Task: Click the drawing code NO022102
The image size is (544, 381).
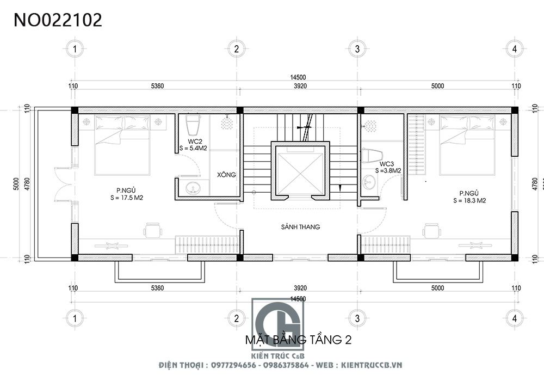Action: click(58, 20)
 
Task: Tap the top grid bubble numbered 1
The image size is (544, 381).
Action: click(75, 49)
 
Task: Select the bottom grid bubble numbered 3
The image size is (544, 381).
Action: click(357, 318)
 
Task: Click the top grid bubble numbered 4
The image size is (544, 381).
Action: click(515, 49)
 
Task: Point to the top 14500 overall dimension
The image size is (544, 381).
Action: click(298, 77)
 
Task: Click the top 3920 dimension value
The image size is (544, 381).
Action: click(300, 86)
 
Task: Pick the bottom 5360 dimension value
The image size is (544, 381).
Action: click(157, 288)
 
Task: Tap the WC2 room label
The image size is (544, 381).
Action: click(195, 142)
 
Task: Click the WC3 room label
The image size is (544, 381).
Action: click(386, 164)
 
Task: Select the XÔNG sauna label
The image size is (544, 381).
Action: click(226, 175)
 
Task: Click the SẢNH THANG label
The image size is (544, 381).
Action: click(300, 227)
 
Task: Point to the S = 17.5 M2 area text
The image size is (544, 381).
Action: click(127, 198)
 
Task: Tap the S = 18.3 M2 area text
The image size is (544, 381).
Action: click(469, 200)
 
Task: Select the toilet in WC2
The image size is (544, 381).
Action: click(193, 125)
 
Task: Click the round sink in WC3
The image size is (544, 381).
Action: click(369, 181)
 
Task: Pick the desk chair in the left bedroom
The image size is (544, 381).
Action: click(153, 230)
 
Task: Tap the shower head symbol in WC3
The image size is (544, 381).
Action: click(370, 126)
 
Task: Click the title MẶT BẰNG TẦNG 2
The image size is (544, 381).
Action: click(298, 339)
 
